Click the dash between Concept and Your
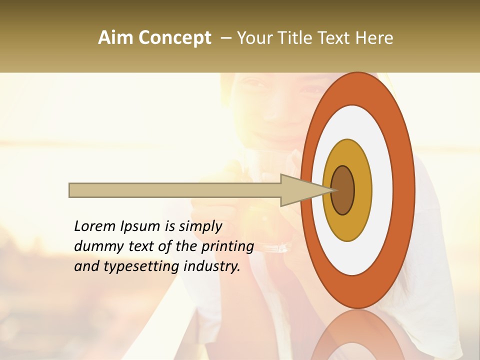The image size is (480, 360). [225, 38]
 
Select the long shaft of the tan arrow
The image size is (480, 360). [175, 190]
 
